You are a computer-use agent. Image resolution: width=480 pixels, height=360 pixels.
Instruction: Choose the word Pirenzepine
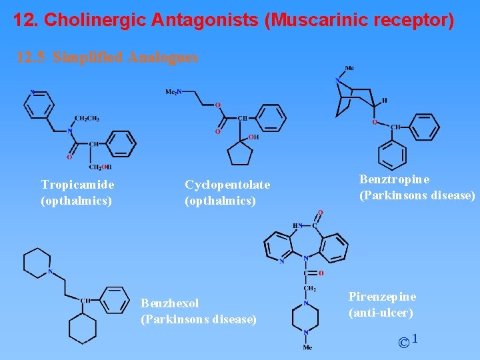(382, 297)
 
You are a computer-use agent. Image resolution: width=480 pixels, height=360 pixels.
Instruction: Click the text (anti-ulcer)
(381, 312)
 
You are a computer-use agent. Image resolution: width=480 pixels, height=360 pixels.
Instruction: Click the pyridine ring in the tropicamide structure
(39, 104)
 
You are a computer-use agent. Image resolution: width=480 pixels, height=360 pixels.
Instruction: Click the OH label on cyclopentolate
(254, 137)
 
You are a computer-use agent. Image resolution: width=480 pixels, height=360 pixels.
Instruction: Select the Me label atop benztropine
(349, 68)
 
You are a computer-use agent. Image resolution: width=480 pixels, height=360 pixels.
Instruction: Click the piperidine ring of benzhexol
(37, 261)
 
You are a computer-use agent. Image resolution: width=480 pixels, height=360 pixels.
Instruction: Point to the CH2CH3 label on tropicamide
(87, 118)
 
